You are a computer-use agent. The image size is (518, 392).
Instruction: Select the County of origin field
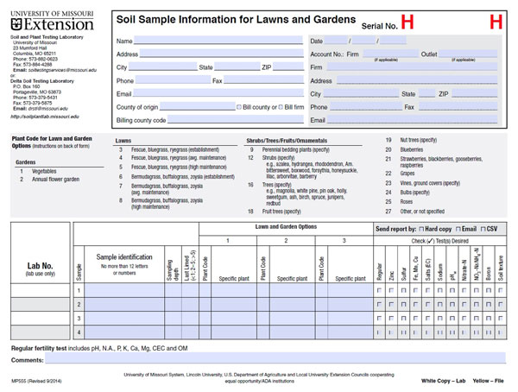(199, 107)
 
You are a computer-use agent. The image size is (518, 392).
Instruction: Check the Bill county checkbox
(239, 107)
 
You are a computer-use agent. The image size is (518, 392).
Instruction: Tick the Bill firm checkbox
(280, 107)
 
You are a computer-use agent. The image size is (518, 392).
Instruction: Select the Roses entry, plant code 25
(407, 200)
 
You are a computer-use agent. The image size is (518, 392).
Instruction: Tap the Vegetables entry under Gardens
(44, 171)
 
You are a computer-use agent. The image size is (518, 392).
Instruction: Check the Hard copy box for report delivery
(418, 230)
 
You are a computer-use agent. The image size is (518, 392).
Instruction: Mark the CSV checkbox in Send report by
(484, 230)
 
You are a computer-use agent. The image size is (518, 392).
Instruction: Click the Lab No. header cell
(41, 269)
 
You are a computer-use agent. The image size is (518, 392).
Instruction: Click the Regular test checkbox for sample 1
(381, 291)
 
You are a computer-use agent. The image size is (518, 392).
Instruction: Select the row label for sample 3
(79, 319)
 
